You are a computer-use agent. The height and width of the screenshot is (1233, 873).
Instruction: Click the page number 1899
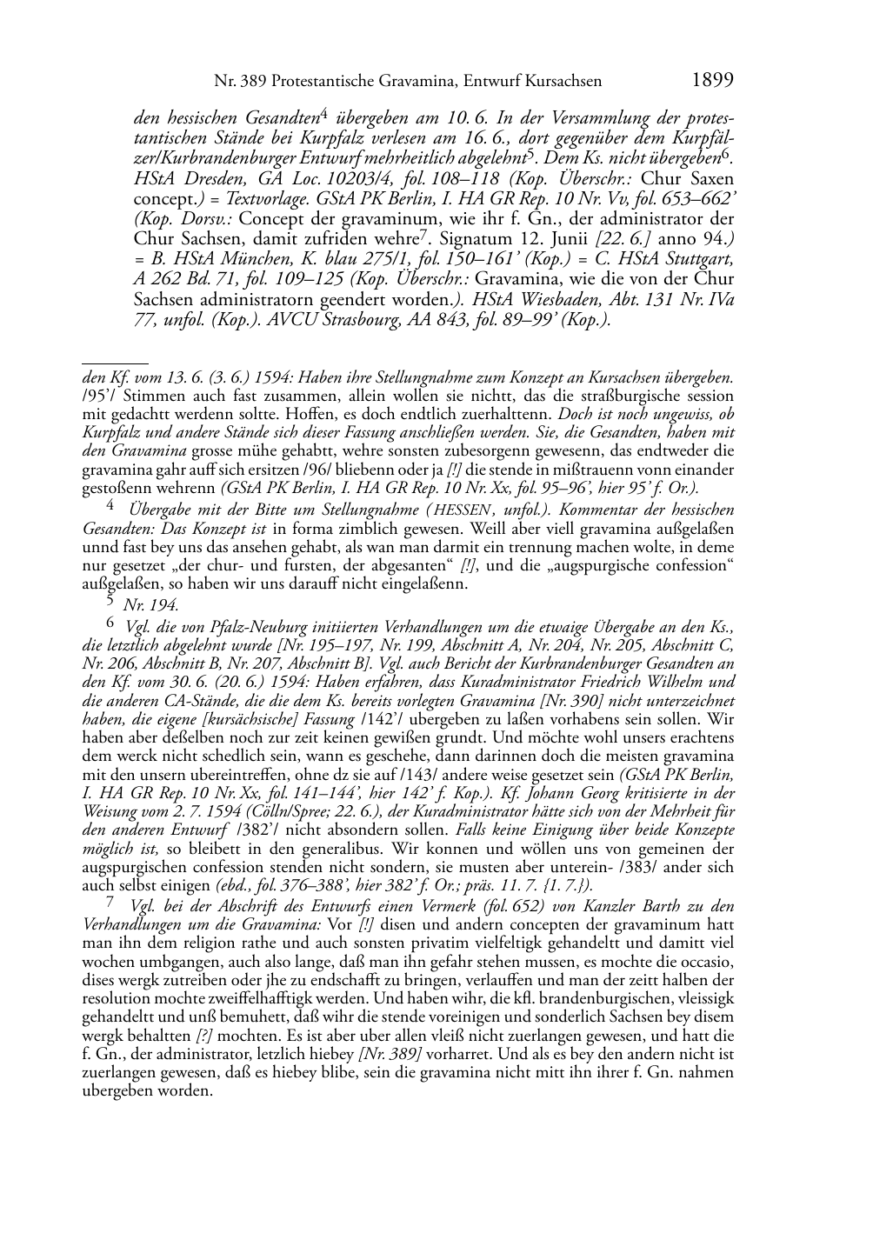coord(713,81)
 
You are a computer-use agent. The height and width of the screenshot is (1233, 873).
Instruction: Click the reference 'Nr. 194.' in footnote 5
coord(151,605)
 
